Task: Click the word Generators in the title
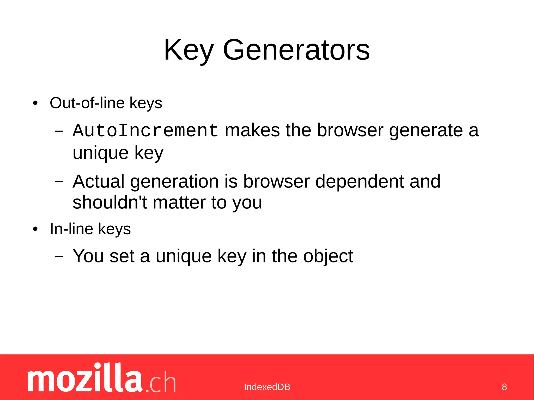(296, 50)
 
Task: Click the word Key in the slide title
(189, 50)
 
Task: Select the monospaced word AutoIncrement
(145, 130)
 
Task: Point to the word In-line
(71, 229)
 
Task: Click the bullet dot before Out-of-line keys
(35, 103)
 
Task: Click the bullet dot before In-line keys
(35, 229)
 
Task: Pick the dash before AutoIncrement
(59, 131)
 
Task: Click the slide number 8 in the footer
(504, 387)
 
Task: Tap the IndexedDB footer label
(267, 387)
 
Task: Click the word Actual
(99, 181)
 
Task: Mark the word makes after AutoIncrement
(252, 130)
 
